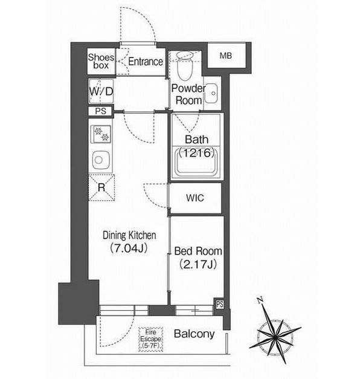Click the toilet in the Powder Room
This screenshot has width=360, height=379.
185,65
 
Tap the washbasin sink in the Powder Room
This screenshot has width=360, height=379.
211,93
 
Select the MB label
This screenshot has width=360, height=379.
226,56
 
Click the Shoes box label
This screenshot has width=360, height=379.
101,61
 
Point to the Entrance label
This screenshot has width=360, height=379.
146,62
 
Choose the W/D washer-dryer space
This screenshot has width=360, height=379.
101,91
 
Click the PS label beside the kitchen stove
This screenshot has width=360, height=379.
100,111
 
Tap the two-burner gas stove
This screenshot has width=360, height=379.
101,134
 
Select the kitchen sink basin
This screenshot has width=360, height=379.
100,160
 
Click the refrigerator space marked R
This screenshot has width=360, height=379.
101,187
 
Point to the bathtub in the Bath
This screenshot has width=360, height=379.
196,163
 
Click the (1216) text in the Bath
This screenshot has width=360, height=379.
196,153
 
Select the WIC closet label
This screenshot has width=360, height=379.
195,198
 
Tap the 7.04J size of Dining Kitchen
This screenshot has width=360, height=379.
129,248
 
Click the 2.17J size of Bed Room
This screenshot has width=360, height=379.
198,264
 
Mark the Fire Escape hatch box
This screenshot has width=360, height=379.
151,339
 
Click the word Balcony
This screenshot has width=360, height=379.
194,334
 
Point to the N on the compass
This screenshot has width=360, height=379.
260,300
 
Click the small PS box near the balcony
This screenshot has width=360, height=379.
220,304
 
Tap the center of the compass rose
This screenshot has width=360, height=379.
275,336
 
